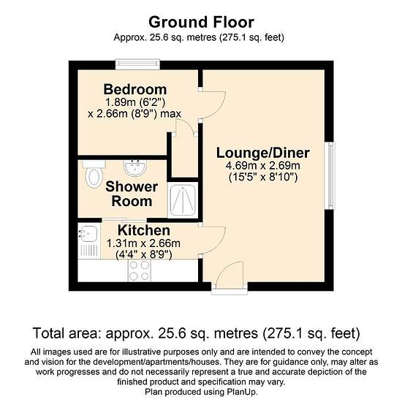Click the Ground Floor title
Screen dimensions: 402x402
tap(201, 22)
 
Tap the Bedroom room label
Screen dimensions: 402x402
tap(135, 89)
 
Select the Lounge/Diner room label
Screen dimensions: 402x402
tap(263, 153)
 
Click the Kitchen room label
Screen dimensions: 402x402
tap(144, 230)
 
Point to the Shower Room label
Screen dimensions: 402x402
tap(132, 194)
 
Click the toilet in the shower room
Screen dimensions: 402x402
tap(94, 174)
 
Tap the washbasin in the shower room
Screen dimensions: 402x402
tap(135, 168)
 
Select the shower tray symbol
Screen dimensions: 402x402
tap(183, 200)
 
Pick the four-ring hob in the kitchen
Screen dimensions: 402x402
tap(140, 270)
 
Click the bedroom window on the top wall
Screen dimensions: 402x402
tap(137, 64)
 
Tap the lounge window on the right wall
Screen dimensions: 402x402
tap(330, 175)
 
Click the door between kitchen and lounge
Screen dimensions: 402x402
tap(212, 240)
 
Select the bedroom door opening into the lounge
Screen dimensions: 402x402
tap(212, 105)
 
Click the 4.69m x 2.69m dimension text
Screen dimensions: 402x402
tap(263, 166)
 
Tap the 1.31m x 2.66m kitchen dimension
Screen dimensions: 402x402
tap(143, 243)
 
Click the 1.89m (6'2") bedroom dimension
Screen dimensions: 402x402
tap(135, 102)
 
